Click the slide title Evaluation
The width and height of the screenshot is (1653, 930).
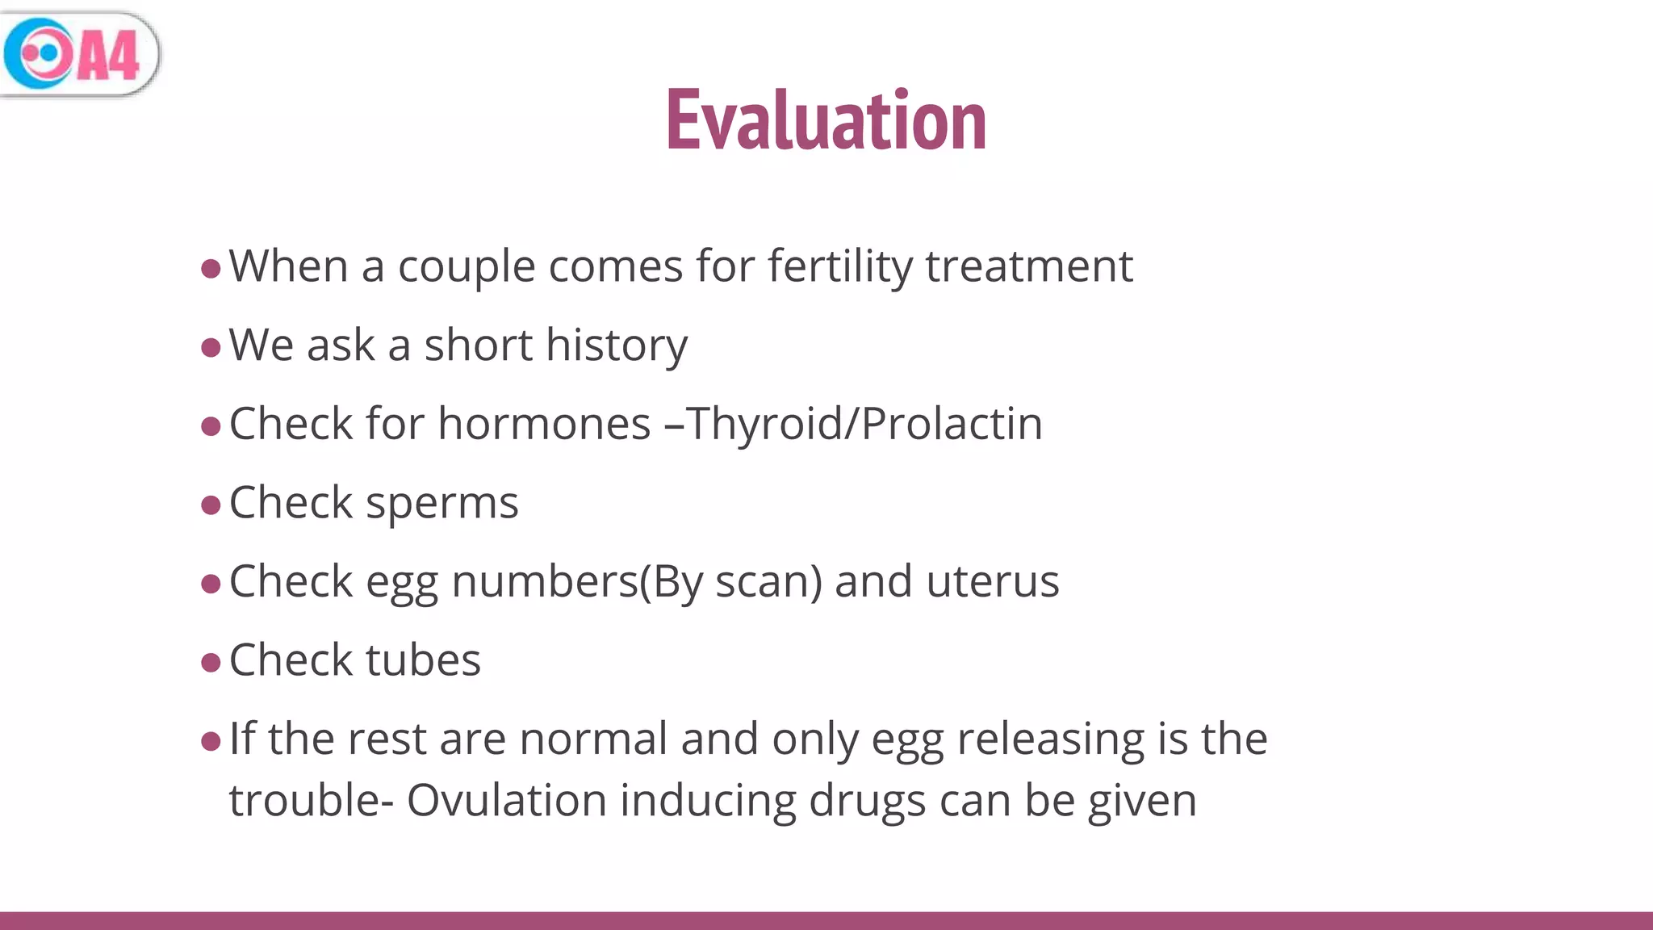coord(826,121)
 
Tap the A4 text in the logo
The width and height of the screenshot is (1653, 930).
coord(109,56)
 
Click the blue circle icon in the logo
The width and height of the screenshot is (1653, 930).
coord(39,53)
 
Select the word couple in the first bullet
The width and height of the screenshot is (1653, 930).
coord(467,266)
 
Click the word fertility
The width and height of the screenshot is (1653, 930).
coord(839,266)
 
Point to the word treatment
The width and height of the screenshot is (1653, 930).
coord(1029,266)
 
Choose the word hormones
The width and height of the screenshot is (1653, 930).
coord(544,424)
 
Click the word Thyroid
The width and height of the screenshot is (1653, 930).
coord(763,424)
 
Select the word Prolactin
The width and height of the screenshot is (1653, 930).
coord(952,424)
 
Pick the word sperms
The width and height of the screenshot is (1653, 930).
coord(441,503)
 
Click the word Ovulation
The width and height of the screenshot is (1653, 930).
coord(506,801)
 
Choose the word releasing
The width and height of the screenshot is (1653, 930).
coord(1050,739)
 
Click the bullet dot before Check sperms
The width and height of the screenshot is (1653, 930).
coord(211,505)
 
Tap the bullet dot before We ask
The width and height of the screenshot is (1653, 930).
coord(211,348)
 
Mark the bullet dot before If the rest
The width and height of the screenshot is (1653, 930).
coord(211,741)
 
